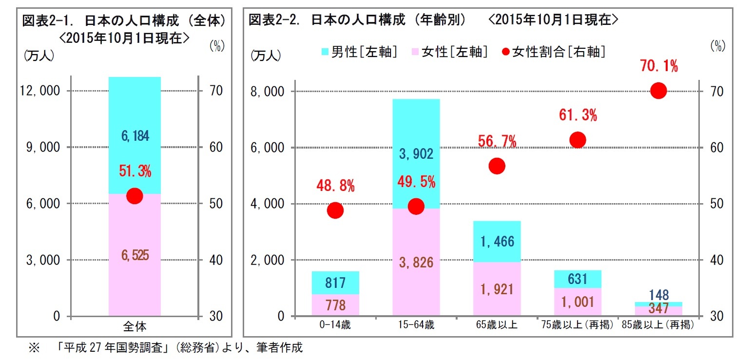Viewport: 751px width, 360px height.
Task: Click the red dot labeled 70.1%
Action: point(658,91)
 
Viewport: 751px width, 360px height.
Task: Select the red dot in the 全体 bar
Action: point(135,196)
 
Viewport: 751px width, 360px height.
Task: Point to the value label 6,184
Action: point(135,136)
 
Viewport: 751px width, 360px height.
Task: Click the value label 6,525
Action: point(135,255)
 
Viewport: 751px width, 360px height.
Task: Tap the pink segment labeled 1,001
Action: point(578,302)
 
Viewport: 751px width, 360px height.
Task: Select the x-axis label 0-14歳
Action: point(335,325)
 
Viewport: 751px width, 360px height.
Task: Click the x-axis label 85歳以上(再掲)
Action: point(658,325)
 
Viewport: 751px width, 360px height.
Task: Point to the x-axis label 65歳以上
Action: point(497,325)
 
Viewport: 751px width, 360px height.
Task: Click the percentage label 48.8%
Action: point(335,186)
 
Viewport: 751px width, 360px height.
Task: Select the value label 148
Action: point(658,295)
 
